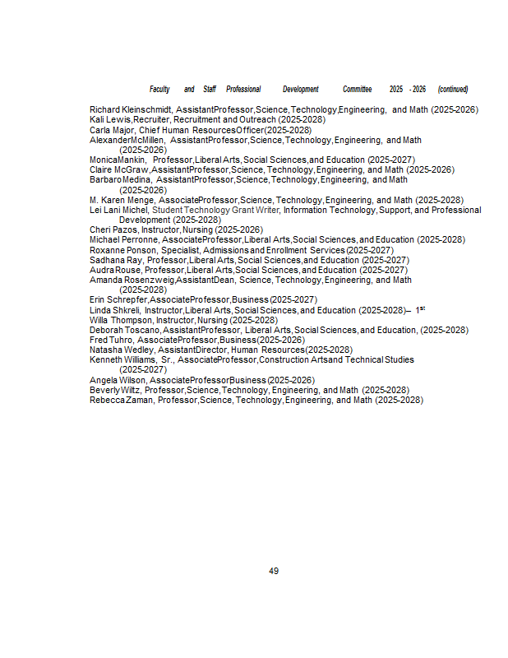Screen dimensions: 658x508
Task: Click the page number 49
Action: coord(274,571)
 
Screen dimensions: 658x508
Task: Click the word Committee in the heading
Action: coord(357,89)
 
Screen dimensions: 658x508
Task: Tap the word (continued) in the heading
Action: coord(453,89)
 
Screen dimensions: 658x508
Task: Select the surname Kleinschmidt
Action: coord(146,109)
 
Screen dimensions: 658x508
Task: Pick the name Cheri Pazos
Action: coord(113,229)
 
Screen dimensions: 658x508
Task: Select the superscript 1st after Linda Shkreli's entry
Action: coord(419,309)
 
